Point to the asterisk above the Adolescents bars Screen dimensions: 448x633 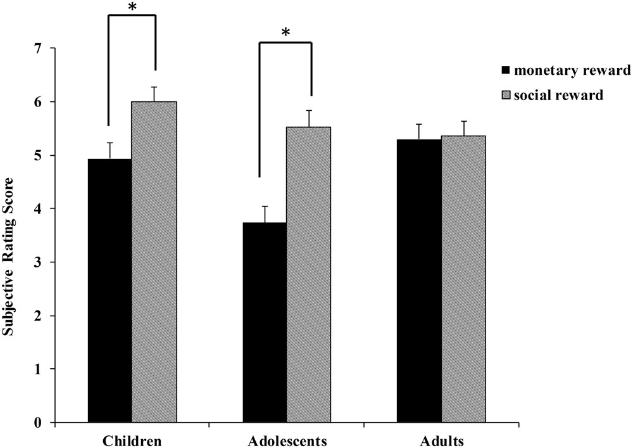tap(285, 32)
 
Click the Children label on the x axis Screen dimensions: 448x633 tap(132, 439)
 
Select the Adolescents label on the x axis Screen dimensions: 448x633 tap(286, 439)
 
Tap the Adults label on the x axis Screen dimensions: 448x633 tap(441, 439)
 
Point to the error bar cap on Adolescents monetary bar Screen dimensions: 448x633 tap(265, 207)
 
